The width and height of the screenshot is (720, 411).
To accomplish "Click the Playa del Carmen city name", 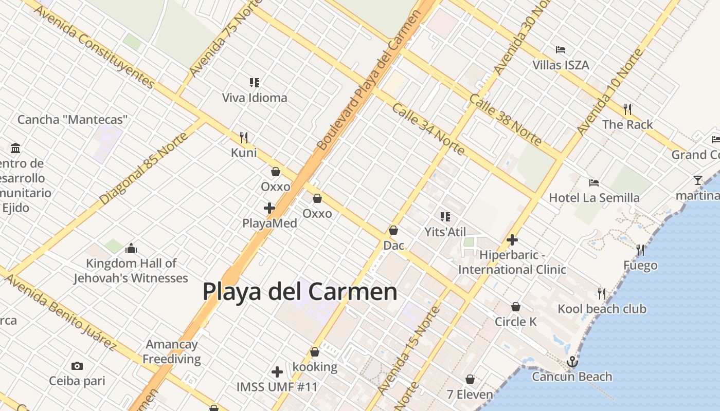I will pos(300,292).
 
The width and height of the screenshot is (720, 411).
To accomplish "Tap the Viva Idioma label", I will pos(255,98).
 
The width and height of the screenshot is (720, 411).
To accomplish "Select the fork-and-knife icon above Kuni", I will pos(244,138).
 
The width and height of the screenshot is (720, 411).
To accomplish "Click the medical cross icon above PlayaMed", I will pos(269,208).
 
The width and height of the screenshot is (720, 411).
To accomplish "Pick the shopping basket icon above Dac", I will pos(393,231).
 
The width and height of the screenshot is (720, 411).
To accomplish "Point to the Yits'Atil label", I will pos(445,232).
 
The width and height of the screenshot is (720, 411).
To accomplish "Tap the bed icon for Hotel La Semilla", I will pos(594,182).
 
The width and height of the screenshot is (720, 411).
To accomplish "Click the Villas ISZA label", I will pos(561,65).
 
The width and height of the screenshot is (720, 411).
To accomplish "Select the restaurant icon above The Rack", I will pos(627,109).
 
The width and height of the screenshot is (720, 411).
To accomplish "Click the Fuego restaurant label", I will pos(640,265).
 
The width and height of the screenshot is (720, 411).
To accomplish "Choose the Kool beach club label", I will pos(602,309).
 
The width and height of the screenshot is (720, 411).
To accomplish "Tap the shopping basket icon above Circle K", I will pos(516,307).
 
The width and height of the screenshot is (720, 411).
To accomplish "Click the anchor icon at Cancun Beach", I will pos(572,362).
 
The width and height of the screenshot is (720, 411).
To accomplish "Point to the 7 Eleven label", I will pos(470,395).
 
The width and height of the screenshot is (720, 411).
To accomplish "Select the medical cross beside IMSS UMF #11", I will pos(277,371).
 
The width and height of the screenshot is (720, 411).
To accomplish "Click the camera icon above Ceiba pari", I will pos(77,366).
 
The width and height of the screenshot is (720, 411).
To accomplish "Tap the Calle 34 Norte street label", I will pos(428,129).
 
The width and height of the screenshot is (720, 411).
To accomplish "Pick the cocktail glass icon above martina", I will pos(698,180).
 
